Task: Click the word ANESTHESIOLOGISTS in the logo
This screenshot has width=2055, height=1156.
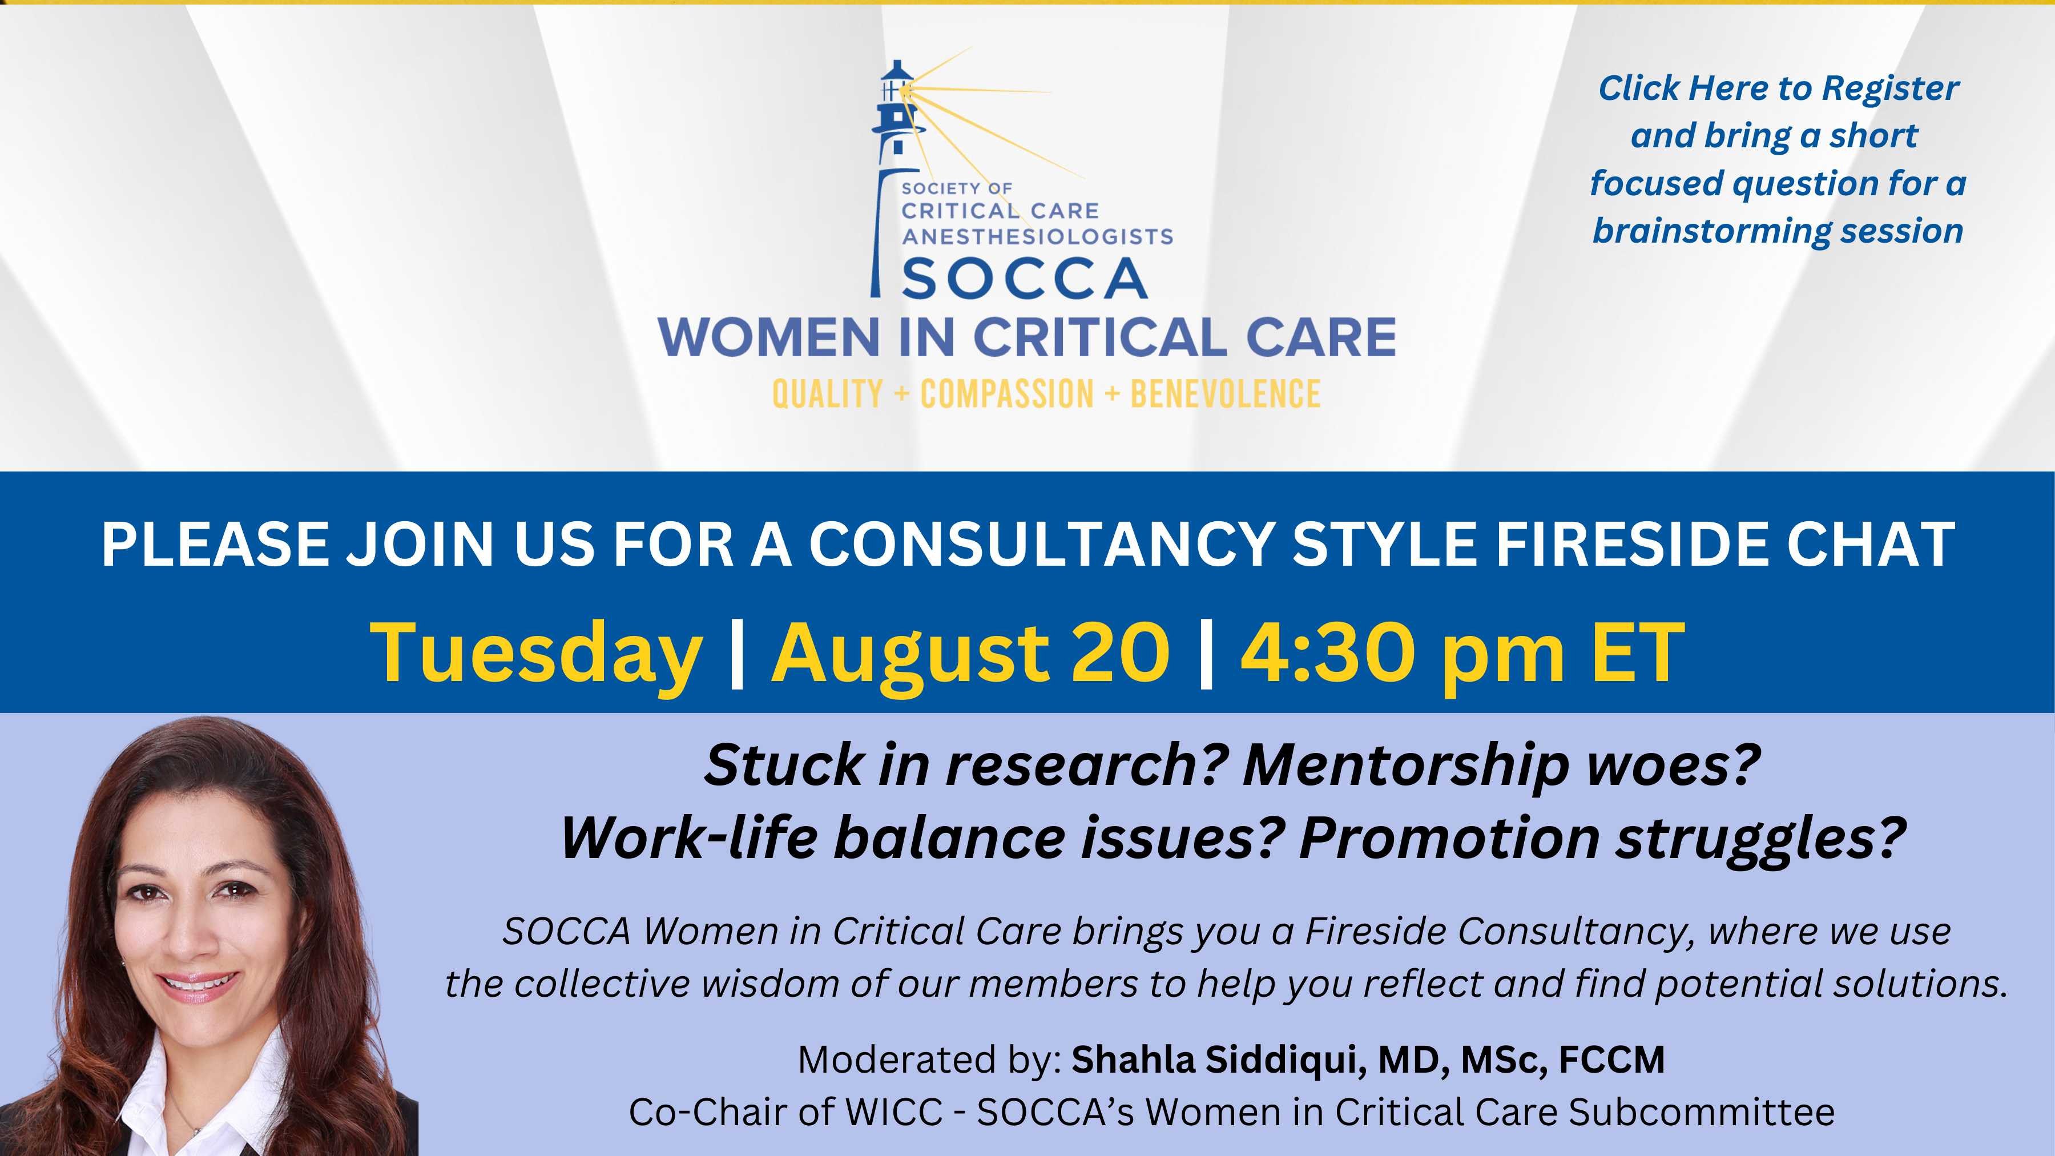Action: click(x=1037, y=236)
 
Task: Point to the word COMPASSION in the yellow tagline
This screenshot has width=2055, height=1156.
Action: click(x=1007, y=394)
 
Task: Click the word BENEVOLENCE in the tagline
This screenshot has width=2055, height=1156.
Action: click(x=1226, y=394)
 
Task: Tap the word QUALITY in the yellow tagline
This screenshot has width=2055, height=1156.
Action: click(x=827, y=394)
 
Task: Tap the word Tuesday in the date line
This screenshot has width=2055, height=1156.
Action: click(x=536, y=654)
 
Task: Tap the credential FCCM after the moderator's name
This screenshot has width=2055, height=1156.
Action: click(x=1611, y=1060)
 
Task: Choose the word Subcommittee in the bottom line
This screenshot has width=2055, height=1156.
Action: click(x=1702, y=1112)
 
